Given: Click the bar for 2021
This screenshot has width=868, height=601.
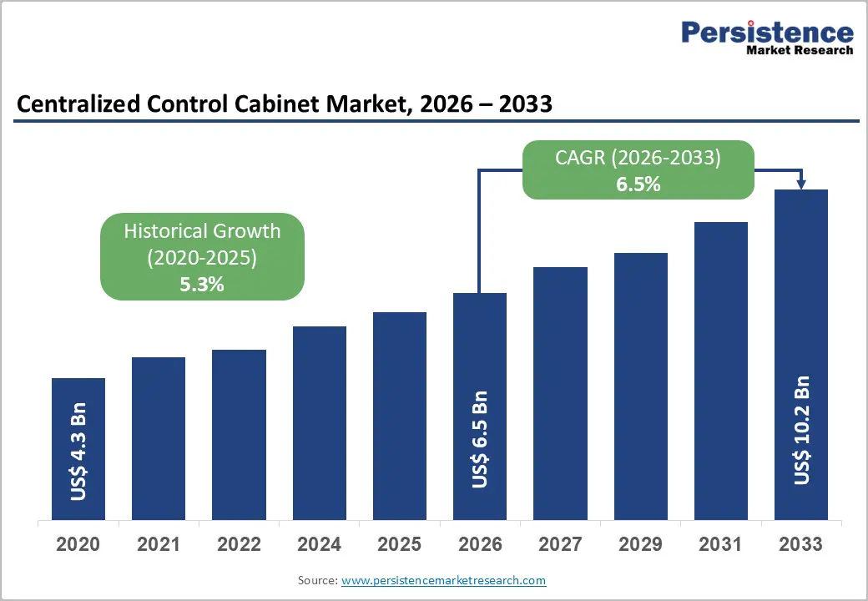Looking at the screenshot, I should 159,438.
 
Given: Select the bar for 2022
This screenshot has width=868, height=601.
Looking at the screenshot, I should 239,434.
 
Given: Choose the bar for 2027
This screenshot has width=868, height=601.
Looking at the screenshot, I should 560,393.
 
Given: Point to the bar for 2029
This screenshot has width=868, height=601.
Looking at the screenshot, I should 640,386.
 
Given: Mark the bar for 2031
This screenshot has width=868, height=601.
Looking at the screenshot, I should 720,371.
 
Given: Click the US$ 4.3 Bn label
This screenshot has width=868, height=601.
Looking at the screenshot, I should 78,452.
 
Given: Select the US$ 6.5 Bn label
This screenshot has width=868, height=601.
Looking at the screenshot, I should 480,439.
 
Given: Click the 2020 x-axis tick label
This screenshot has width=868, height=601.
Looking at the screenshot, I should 78,544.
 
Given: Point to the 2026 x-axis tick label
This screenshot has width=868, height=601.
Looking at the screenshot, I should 480,544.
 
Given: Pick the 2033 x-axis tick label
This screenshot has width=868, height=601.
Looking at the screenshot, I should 800,544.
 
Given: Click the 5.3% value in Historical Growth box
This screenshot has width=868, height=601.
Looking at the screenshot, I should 202,284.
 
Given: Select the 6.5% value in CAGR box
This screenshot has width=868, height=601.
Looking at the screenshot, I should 638,184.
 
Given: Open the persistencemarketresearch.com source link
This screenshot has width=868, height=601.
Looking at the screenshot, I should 443,579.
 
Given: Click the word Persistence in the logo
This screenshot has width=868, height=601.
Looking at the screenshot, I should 767,33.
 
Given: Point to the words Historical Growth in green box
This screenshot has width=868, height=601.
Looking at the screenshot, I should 202,231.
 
